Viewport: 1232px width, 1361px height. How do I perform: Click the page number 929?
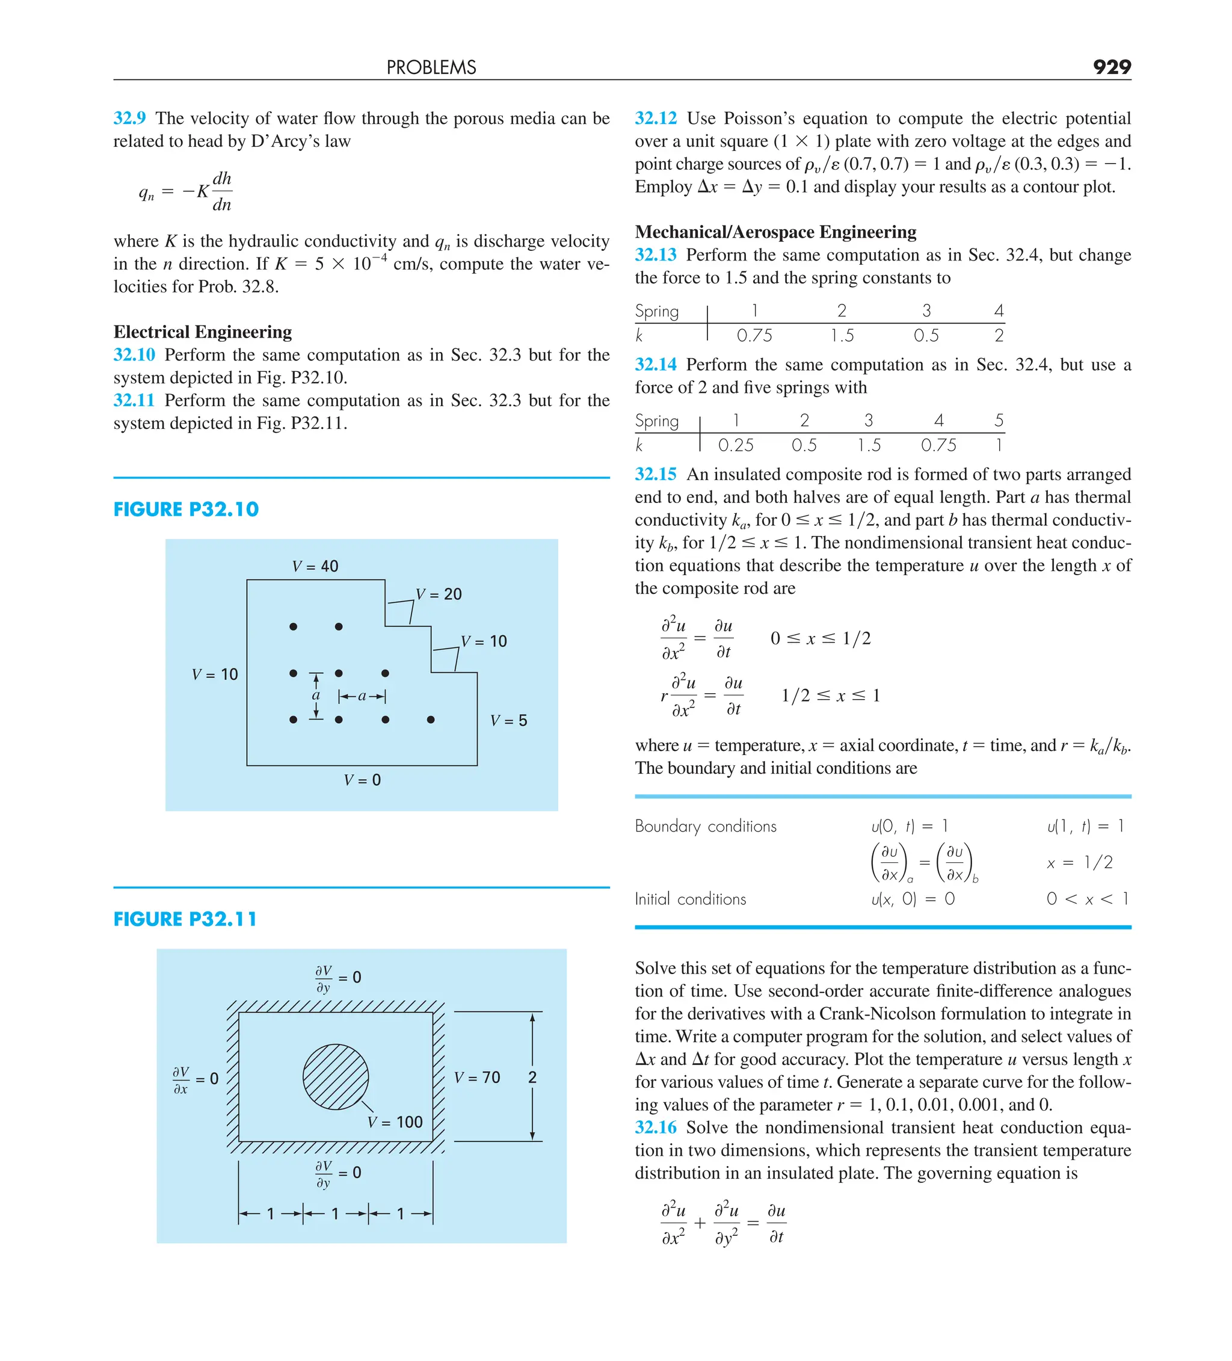1111,67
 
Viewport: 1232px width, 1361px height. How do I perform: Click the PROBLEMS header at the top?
431,67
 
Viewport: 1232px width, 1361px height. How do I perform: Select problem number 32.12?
655,118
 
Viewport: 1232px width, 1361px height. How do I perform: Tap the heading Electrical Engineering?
203,332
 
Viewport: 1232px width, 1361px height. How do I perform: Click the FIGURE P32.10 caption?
186,509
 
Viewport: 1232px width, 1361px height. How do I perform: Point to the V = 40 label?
315,566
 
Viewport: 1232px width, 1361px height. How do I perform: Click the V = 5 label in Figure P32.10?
508,720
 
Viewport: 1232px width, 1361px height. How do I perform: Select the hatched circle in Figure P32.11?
336,1077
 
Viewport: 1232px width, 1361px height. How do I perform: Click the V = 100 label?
395,1122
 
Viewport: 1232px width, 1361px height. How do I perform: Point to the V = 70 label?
476,1078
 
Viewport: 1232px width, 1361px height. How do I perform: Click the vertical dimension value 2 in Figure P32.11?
532,1078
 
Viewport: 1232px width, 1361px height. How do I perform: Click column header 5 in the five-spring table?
999,421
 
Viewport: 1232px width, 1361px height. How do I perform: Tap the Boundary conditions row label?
706,826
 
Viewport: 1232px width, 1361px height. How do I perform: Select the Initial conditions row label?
690,900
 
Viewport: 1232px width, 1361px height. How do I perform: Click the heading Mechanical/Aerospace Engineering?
775,232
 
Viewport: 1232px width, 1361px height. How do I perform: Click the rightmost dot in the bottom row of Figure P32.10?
431,720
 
